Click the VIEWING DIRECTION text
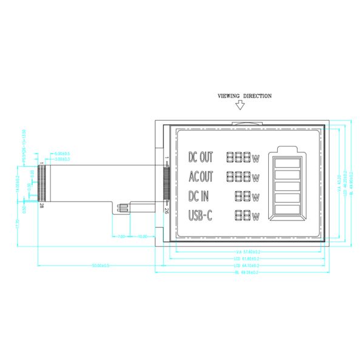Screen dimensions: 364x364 click(244, 96)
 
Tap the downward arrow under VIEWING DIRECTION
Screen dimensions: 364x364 click(240, 105)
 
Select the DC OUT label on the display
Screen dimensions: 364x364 click(201, 158)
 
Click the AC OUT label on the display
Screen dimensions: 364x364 click(201, 177)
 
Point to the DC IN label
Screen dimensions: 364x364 click(199, 196)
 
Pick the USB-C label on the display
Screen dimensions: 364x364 click(200, 215)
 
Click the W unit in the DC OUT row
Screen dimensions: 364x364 click(256, 159)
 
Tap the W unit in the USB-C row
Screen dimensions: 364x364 click(256, 217)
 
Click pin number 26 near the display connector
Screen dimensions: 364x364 click(166, 210)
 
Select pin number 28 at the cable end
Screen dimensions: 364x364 click(41, 206)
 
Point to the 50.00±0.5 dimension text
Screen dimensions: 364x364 click(100, 266)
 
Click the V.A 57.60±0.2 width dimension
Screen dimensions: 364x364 click(247, 252)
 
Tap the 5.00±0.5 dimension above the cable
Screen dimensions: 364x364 click(62, 153)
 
